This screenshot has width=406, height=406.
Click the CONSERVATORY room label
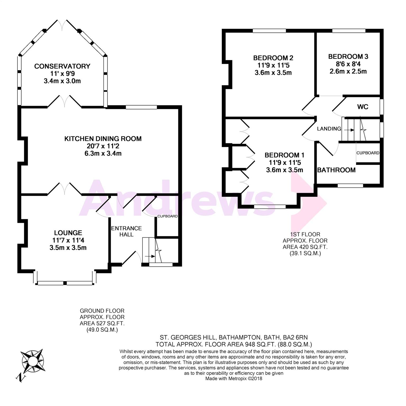pos(62,66)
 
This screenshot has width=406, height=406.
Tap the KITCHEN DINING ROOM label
pos(103,139)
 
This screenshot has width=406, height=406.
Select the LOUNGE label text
pos(68,233)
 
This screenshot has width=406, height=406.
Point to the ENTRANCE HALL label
pos(126,231)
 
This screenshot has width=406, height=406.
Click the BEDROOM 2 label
pos(273,58)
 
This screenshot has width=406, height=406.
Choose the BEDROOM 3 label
pos(348,57)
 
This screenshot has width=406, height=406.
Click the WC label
pos(363,107)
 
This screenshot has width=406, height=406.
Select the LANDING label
pos(329,129)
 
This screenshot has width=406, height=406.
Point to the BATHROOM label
pos(336,170)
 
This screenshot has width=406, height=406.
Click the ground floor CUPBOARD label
pos(168,216)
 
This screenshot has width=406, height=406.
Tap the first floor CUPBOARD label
pos(368,153)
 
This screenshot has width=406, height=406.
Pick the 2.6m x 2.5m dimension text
pos(348,71)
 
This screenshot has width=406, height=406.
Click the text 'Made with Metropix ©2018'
pos(234,379)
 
